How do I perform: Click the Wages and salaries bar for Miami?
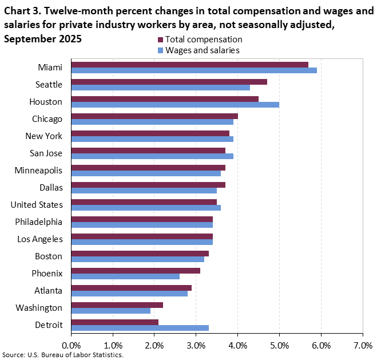194,70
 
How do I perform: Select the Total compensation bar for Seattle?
169,82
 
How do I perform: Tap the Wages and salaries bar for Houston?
175,105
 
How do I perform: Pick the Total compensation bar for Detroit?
114,322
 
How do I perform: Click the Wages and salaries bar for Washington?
110,311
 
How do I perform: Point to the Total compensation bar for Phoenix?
136,271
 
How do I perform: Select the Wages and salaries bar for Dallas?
144,191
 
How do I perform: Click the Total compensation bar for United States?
144,202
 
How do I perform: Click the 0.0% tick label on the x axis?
71,345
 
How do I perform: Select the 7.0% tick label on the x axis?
363,345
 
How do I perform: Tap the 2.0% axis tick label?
154,345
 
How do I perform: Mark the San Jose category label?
46,153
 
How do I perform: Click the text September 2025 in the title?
42,39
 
